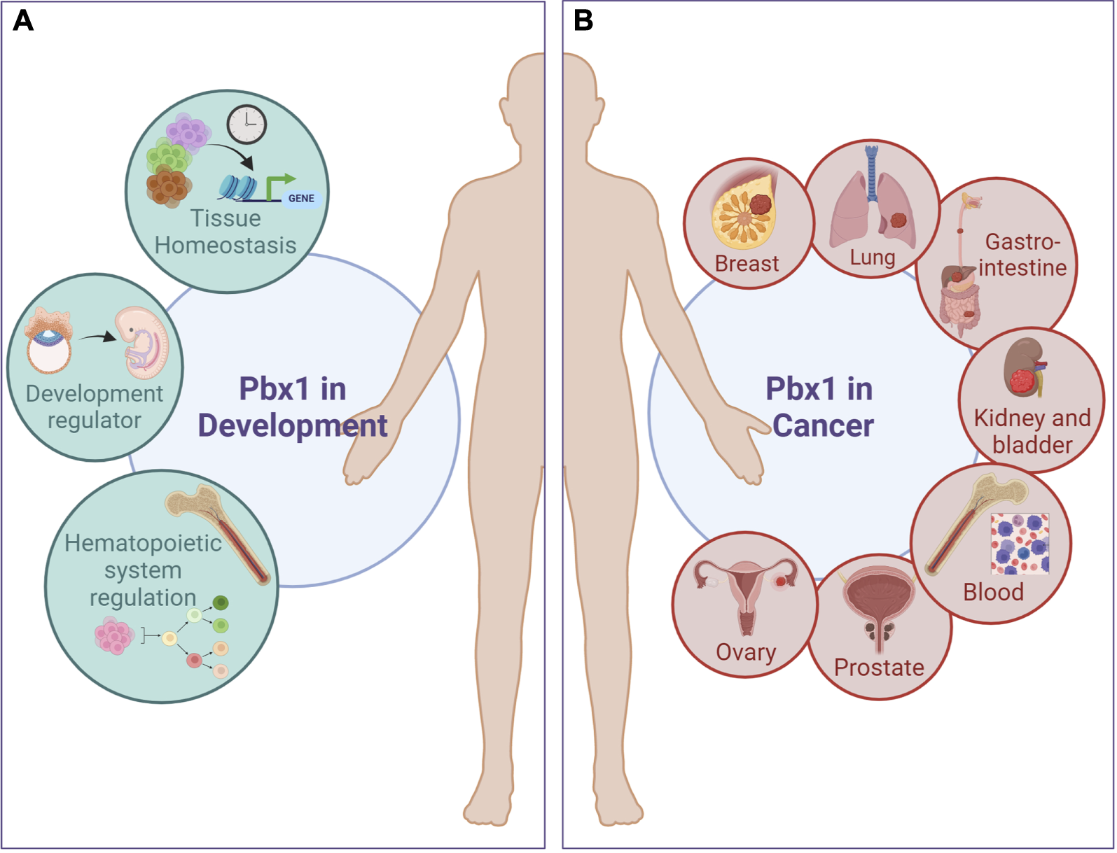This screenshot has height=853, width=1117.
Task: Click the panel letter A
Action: [23, 21]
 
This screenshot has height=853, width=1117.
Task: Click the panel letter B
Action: [583, 21]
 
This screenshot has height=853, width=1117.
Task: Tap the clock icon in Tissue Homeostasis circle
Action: [247, 125]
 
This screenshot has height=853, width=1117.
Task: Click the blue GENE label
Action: [301, 199]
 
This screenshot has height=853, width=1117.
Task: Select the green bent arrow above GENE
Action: [278, 185]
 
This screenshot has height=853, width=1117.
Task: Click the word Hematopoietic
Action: [143, 544]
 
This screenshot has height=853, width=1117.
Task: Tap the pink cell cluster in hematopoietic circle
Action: [113, 635]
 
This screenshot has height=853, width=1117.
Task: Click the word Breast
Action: [747, 264]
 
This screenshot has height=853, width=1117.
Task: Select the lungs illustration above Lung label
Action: [872, 206]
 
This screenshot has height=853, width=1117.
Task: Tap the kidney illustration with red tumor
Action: [1024, 367]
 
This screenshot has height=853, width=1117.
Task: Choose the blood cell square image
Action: [1020, 544]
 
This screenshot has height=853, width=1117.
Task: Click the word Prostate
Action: [879, 668]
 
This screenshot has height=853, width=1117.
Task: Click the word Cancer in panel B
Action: [823, 425]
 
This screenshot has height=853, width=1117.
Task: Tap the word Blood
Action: [993, 593]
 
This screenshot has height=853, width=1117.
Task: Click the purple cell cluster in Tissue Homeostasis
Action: [188, 133]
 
